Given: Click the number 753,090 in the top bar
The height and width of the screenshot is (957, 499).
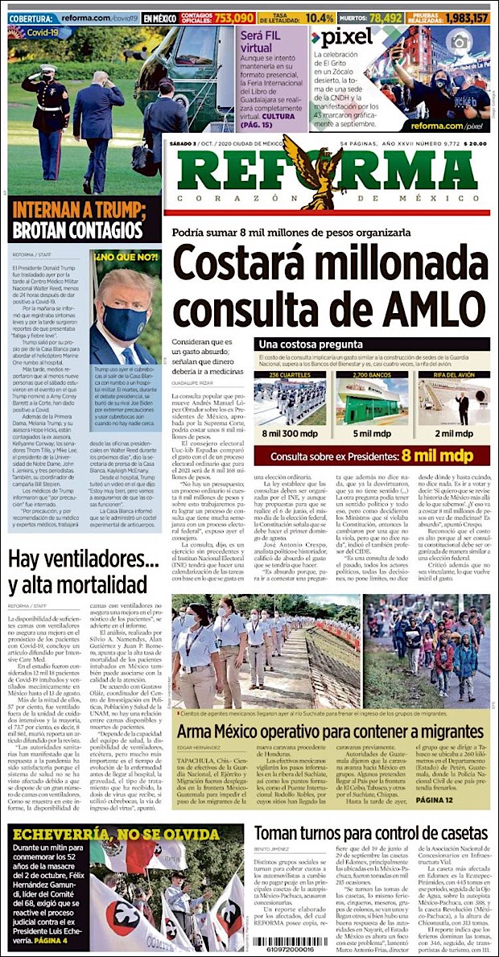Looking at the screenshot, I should pyautogui.click(x=234, y=17).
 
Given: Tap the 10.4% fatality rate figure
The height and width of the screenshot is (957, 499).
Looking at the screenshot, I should pyautogui.click(x=320, y=17).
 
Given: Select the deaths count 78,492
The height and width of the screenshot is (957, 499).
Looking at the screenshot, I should pyautogui.click(x=402, y=17).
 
